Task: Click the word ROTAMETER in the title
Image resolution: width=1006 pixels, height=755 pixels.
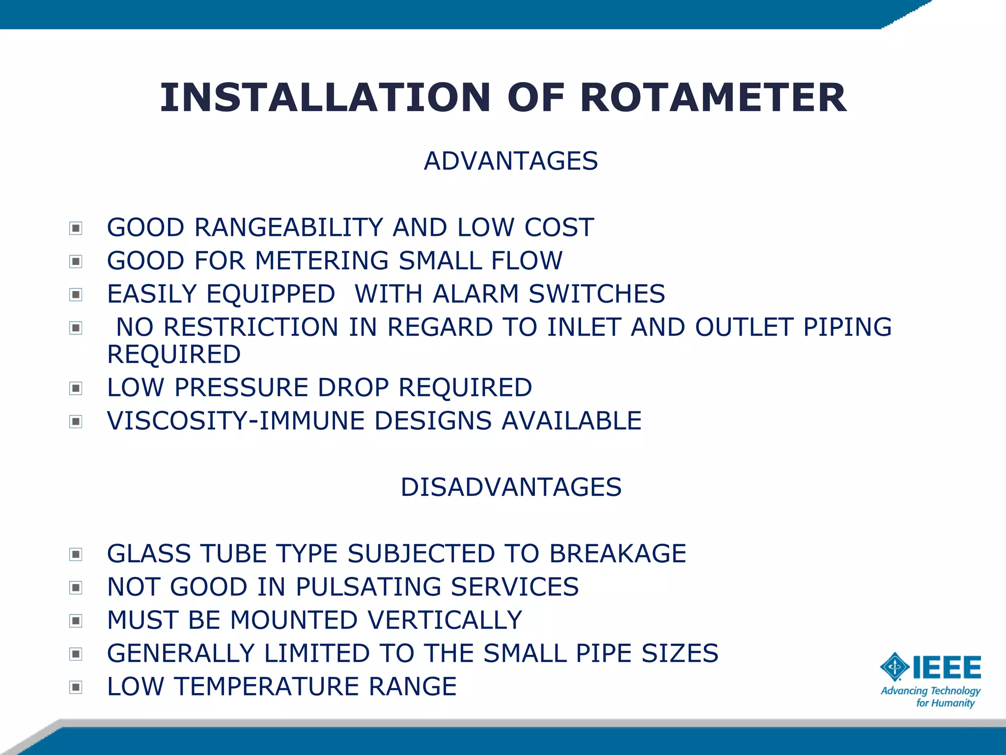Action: point(713,98)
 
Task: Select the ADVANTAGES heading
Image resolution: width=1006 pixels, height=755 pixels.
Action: point(511,161)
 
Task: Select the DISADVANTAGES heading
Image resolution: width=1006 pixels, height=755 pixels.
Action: point(511,487)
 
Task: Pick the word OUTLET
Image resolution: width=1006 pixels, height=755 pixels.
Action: point(744,327)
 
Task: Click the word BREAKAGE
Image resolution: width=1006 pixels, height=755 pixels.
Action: point(617,553)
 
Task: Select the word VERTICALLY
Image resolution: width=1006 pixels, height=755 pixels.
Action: point(445,620)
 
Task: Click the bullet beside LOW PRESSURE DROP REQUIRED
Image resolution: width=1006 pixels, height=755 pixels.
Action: point(76,388)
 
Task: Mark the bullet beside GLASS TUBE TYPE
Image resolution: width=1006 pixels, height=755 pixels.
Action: point(76,554)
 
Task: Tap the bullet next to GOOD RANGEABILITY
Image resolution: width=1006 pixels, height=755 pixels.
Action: point(76,228)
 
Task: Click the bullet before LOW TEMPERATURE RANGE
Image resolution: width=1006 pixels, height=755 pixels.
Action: point(76,687)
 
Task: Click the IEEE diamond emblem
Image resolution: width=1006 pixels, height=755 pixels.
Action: point(894,667)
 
